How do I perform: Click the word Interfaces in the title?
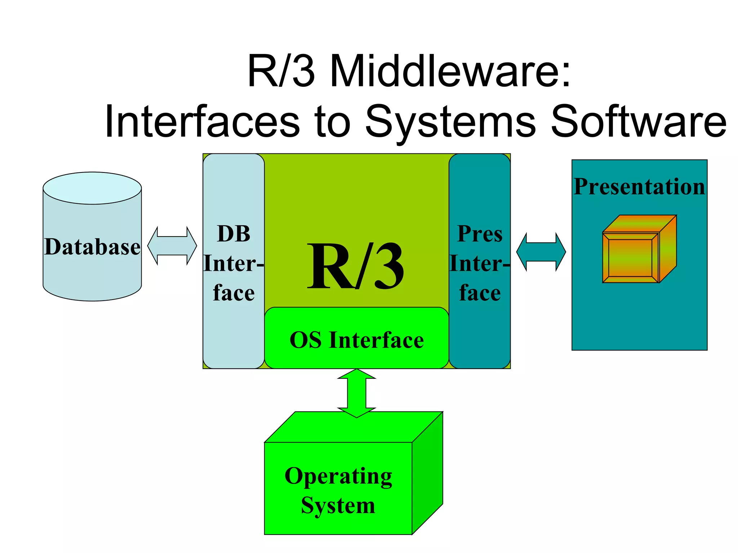tap(202, 122)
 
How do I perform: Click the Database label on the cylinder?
tap(92, 247)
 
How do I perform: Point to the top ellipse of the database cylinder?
tap(92, 188)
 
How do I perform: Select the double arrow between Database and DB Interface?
tap(172, 246)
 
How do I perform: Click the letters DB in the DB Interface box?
tap(234, 234)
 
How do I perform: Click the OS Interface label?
tap(356, 340)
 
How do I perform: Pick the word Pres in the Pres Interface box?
tap(480, 234)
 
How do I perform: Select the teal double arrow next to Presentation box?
tap(541, 252)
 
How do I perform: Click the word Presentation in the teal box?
tap(639, 186)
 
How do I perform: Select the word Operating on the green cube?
tap(338, 476)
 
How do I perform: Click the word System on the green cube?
tap(338, 505)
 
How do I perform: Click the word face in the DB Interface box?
tap(234, 293)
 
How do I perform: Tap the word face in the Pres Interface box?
tap(480, 293)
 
